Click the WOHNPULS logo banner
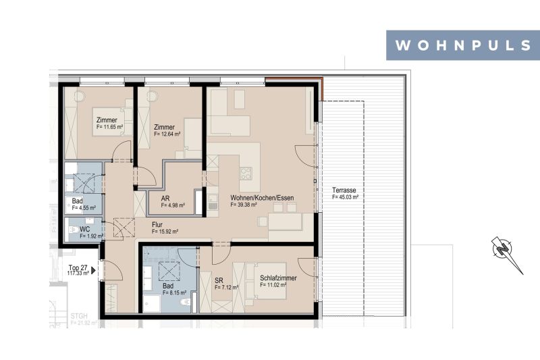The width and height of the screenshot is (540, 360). (462, 45)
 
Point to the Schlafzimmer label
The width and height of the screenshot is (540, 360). (278, 278)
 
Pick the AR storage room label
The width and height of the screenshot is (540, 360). (165, 199)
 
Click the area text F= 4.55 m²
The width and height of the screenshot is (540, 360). (84, 208)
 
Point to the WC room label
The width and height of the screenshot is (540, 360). (85, 229)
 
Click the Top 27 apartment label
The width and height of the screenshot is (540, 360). (78, 268)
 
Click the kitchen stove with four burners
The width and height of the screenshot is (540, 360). (246, 173)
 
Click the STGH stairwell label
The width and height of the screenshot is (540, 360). (80, 315)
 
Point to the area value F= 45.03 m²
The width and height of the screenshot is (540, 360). (345, 198)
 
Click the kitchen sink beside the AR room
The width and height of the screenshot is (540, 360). (212, 199)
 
